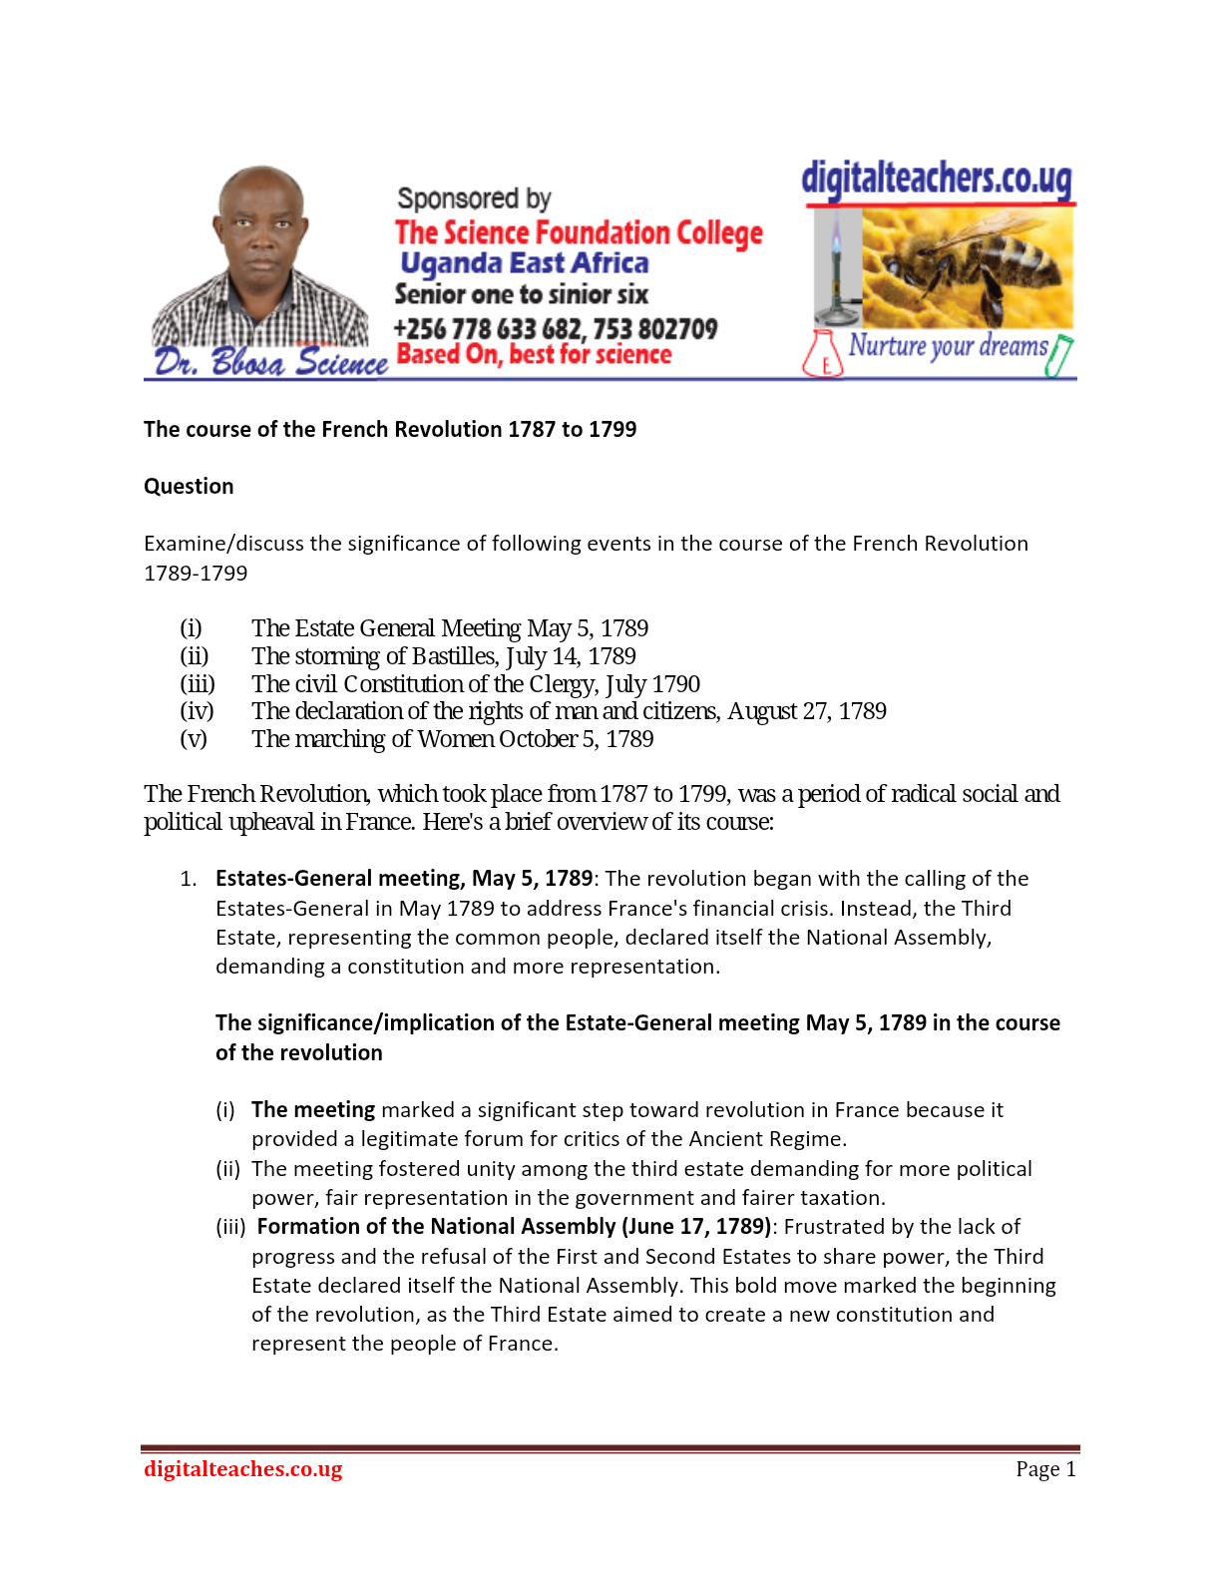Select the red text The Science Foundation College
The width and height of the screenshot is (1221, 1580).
point(579,233)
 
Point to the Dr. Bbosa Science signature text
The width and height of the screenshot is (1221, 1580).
point(270,361)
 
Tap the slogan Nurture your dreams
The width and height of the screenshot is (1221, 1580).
point(948,346)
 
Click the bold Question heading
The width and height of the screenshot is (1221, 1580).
point(189,487)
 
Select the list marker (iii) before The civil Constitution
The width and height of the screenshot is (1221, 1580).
point(198,684)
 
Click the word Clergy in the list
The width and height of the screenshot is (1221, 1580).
point(563,684)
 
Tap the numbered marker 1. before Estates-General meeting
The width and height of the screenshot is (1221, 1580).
point(189,879)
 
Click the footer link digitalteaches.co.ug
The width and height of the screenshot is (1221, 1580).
point(242,1469)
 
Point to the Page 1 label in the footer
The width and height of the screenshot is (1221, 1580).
point(1045,1469)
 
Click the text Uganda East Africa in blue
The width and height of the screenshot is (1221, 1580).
point(525,263)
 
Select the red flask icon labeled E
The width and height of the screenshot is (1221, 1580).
point(823,355)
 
